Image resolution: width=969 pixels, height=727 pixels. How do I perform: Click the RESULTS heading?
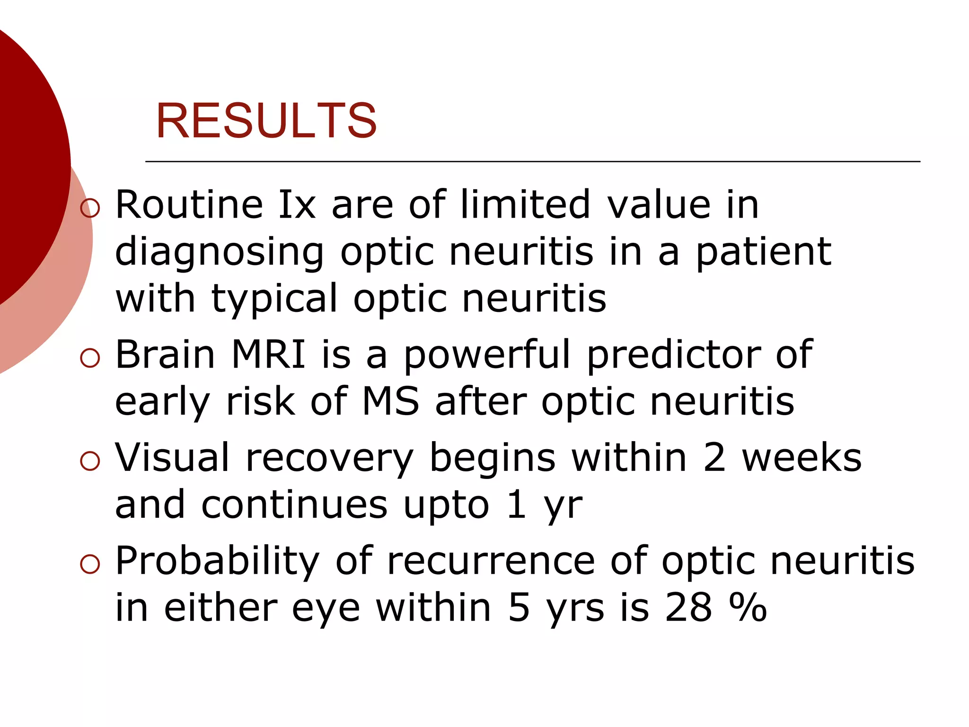click(x=266, y=121)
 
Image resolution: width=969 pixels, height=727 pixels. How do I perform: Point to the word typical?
click(x=274, y=300)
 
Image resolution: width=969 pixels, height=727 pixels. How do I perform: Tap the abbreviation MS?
click(x=390, y=402)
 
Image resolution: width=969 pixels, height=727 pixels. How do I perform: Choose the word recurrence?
click(x=491, y=561)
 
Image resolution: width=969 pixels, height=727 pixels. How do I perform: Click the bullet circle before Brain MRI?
click(x=90, y=358)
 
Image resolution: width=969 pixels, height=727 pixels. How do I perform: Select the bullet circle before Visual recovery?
click(x=90, y=461)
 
